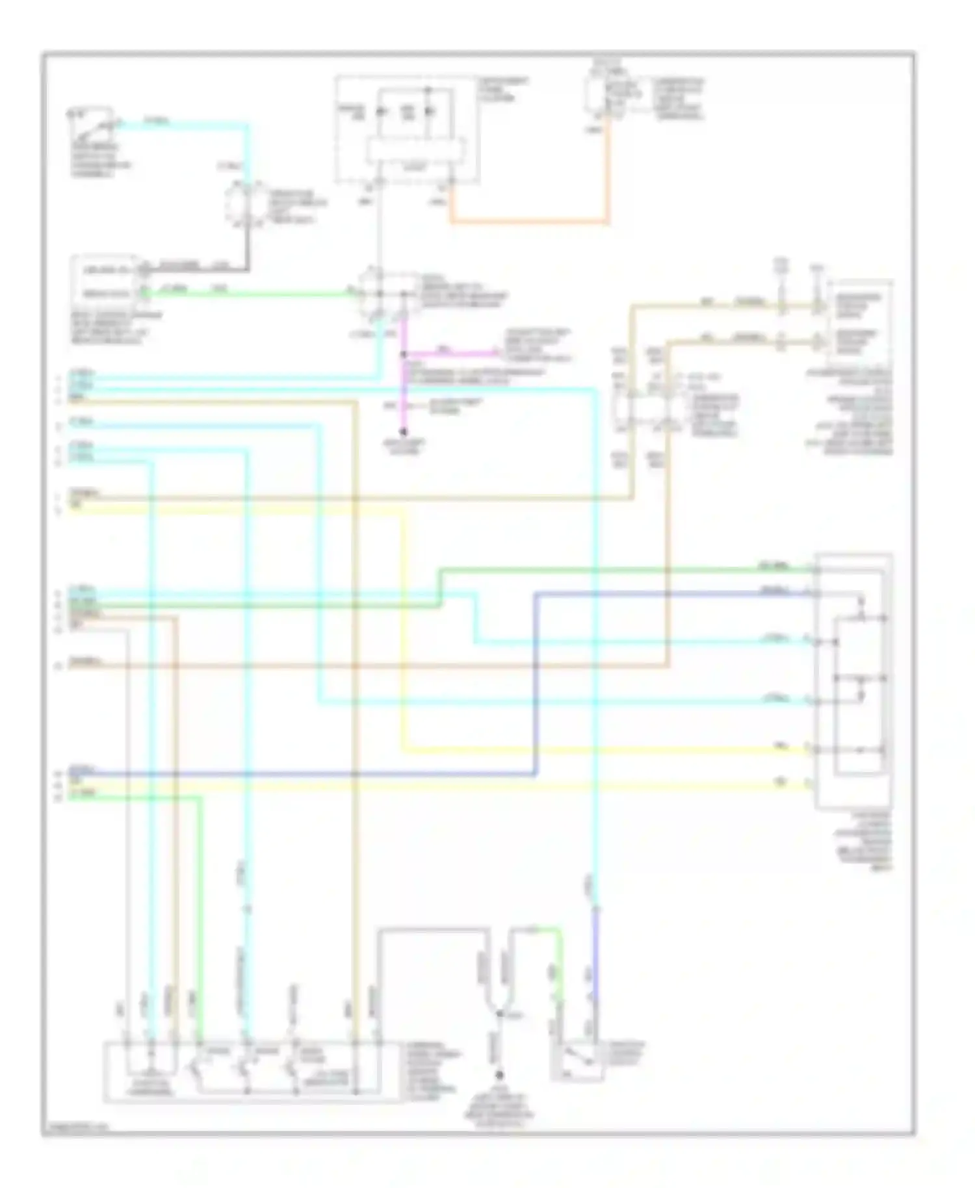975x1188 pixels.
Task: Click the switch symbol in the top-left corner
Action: coord(91,125)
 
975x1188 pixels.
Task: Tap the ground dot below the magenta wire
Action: coord(403,432)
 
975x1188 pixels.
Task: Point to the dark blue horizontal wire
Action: coord(325,773)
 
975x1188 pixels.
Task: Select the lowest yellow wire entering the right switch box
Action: coord(455,786)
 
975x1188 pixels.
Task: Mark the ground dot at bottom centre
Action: coord(499,1076)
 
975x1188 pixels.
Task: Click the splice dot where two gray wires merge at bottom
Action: coord(499,1013)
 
